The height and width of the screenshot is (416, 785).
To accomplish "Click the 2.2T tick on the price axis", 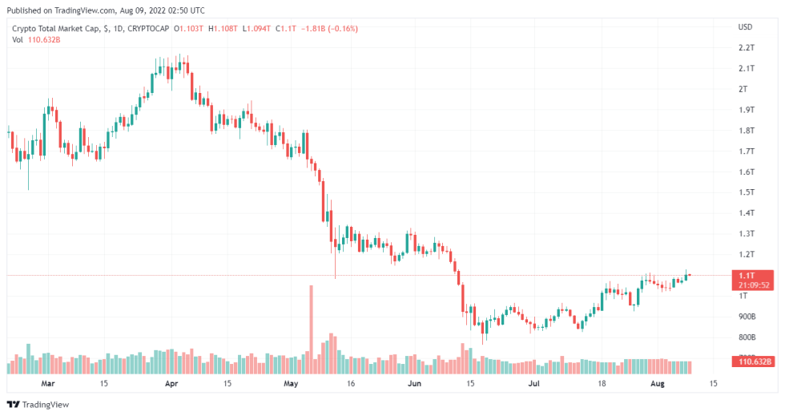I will (746, 47).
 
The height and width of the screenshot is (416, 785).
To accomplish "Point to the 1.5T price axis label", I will (746, 192).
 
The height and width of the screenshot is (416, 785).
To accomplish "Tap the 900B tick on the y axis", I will (746, 317).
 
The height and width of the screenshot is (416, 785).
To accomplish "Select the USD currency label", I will (745, 27).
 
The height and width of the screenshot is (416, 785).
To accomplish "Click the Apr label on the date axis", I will (171, 384).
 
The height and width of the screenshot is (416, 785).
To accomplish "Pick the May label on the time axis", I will (291, 384).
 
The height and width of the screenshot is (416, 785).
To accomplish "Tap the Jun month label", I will (413, 384).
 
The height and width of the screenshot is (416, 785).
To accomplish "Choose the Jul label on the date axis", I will (533, 384).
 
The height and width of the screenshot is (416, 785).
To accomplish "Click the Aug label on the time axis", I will (656, 384).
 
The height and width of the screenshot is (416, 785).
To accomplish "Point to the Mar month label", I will (48, 384).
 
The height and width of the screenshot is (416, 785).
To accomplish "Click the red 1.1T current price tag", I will (754, 275).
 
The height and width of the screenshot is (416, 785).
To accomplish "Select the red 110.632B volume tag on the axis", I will (754, 361).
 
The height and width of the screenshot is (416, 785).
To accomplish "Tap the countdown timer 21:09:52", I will (754, 285).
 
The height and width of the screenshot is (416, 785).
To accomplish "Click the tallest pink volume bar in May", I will (310, 329).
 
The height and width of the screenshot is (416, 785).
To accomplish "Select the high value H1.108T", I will (223, 29).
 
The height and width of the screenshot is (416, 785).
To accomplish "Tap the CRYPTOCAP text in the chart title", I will (150, 29).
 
